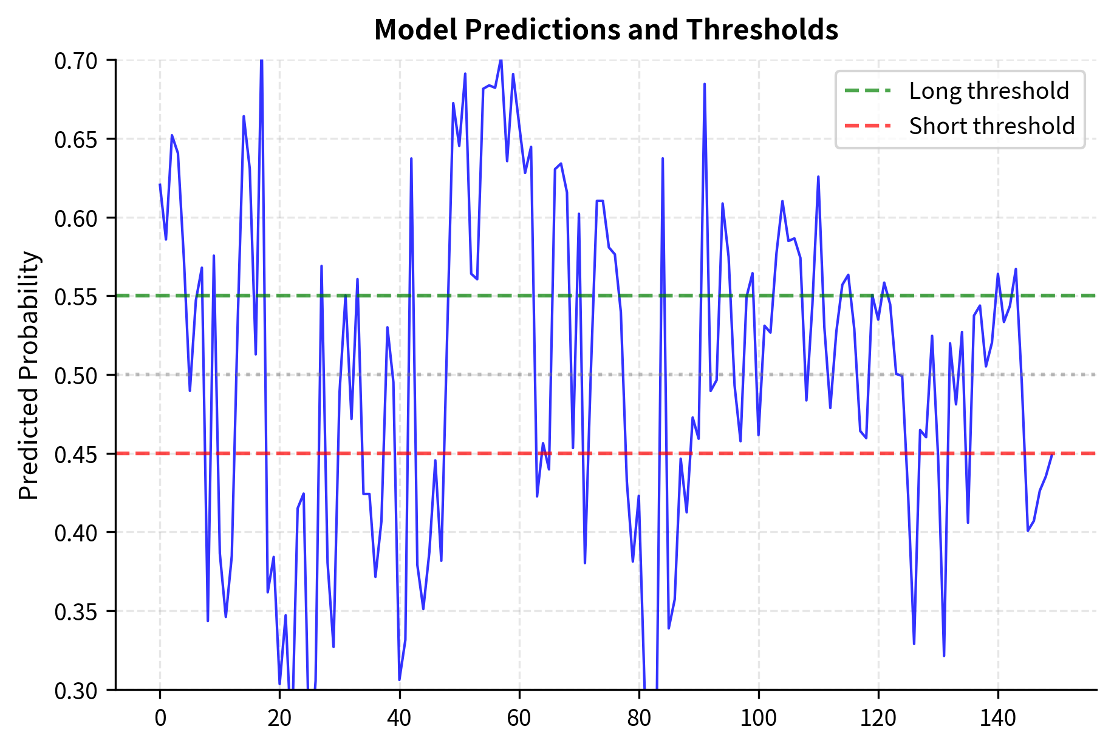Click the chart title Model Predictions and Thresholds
pyautogui.click(x=606, y=29)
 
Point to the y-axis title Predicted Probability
pyautogui.click(x=29, y=375)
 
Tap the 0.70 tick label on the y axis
pyautogui.click(x=75, y=61)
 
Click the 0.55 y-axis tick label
pyautogui.click(x=75, y=297)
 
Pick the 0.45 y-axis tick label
pyautogui.click(x=75, y=454)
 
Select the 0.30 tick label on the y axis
pyautogui.click(x=75, y=690)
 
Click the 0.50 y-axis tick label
pyautogui.click(x=75, y=375)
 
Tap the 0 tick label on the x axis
pyautogui.click(x=160, y=719)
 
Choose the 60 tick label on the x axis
pyautogui.click(x=519, y=719)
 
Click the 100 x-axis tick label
pyautogui.click(x=758, y=719)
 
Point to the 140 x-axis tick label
pyautogui.click(x=997, y=719)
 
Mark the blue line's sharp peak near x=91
pyautogui.click(x=705, y=84)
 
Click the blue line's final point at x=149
pyautogui.click(x=1052, y=454)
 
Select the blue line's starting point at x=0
pyautogui.click(x=160, y=185)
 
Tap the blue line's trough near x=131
pyautogui.click(x=944, y=656)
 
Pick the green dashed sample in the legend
pyautogui.click(x=869, y=91)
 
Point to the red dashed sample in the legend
pyautogui.click(x=869, y=126)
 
